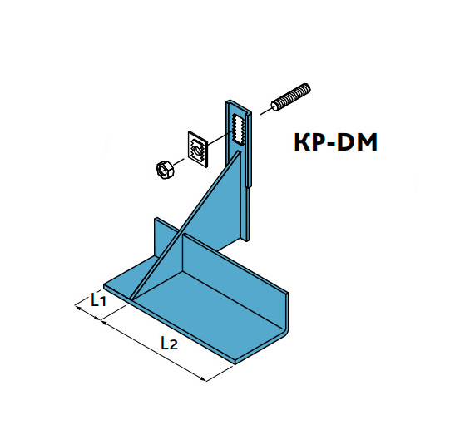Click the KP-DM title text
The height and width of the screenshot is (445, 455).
tap(336, 142)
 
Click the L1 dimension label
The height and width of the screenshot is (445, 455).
tap(99, 299)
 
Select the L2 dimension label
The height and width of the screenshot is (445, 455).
tap(169, 343)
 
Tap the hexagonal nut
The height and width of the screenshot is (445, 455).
tap(165, 169)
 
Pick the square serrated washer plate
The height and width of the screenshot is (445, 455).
tap(197, 149)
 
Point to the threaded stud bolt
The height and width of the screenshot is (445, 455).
tap(290, 97)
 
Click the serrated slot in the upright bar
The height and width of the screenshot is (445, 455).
tap(238, 130)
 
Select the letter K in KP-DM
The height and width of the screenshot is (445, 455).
tap(302, 142)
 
